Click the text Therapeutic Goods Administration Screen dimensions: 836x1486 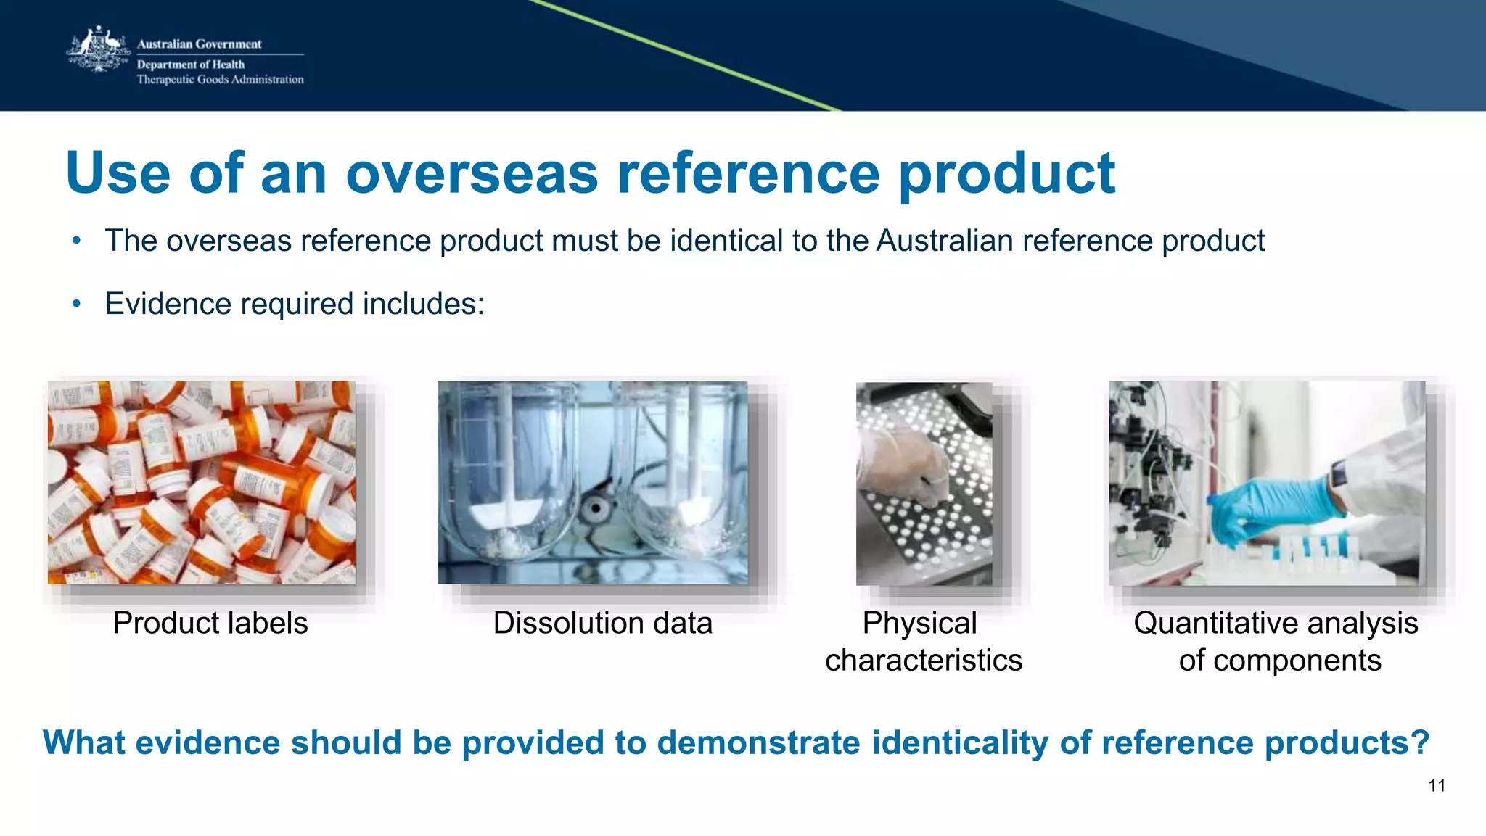coord(220,80)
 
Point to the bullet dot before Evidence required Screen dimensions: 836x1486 coord(77,304)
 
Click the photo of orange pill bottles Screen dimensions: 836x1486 coord(202,482)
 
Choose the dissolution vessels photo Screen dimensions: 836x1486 coord(592,482)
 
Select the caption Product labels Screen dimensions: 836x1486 coord(210,623)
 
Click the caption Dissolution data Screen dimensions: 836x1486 coord(602,623)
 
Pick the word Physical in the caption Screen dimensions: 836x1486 coord(919,623)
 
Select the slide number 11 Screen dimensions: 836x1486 coord(1437,785)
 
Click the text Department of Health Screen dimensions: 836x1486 coord(190,65)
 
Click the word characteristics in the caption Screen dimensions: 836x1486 coord(923,661)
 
